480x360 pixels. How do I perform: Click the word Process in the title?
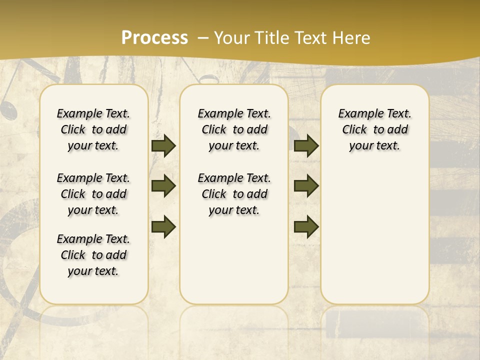[x=154, y=38]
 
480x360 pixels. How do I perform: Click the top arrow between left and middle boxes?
[x=163, y=146]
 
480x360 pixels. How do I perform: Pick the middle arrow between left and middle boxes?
[x=163, y=186]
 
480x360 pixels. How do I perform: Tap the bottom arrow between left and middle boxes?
[x=163, y=226]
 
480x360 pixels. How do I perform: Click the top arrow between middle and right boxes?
[x=306, y=146]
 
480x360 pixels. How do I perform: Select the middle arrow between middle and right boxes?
[x=306, y=186]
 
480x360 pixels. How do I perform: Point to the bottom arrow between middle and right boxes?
[x=306, y=226]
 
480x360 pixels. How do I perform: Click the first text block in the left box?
[x=93, y=129]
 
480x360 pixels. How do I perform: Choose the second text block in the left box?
[x=93, y=194]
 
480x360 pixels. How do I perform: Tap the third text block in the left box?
[x=93, y=255]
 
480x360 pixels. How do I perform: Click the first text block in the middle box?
[x=234, y=129]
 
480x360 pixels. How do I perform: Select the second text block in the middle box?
[x=234, y=194]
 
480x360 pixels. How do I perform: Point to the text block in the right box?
[x=374, y=129]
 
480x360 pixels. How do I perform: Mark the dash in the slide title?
[x=203, y=38]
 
